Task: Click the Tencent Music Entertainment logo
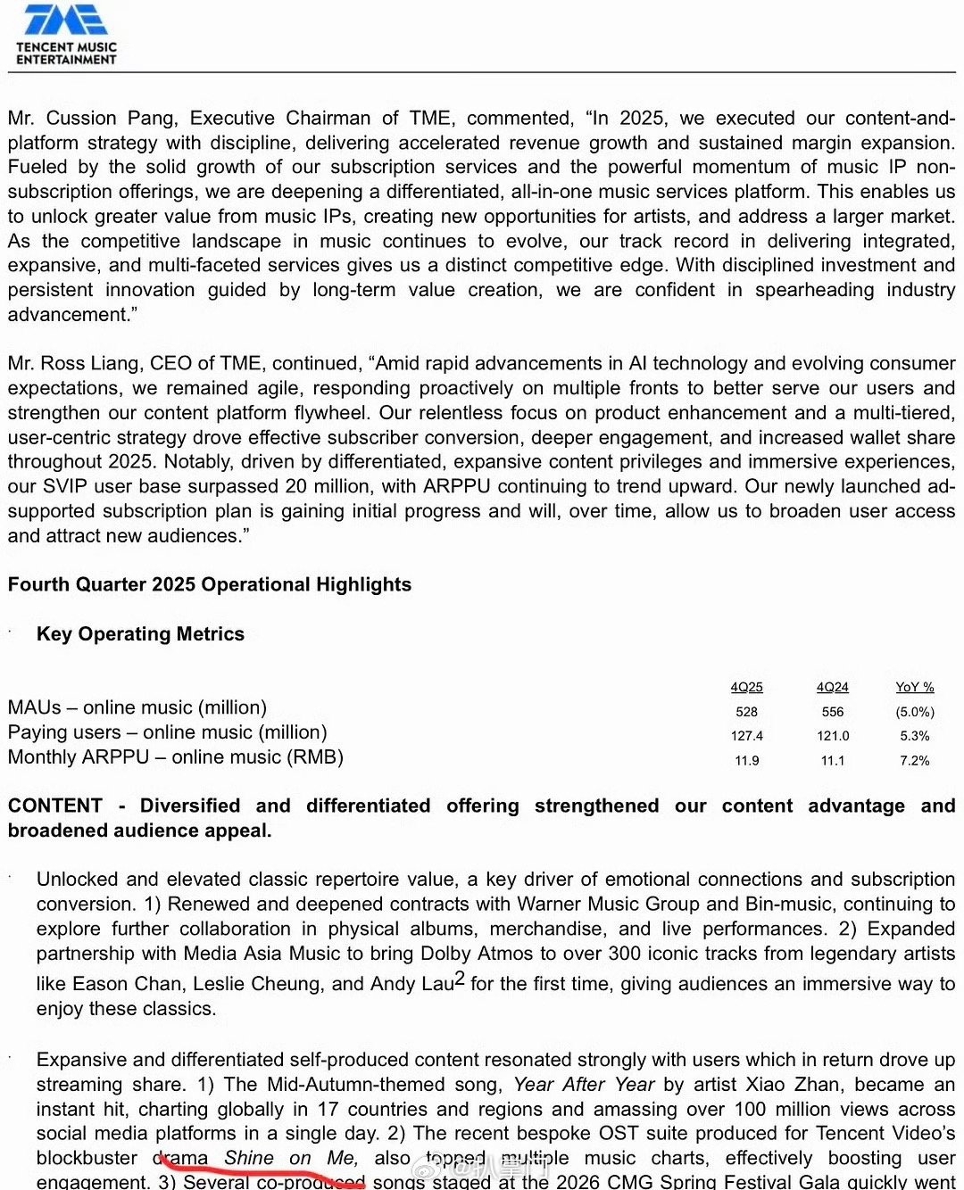66,34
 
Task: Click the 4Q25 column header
746,687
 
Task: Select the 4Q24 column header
832,687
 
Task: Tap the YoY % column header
915,687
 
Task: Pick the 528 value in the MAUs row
746,712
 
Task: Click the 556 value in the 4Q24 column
832,712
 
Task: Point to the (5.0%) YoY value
915,712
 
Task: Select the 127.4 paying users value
746,736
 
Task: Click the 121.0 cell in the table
832,736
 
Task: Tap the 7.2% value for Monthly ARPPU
915,761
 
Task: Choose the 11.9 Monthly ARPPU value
746,761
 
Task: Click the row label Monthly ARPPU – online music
175,757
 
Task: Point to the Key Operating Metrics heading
140,634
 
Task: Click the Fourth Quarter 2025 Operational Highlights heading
210,585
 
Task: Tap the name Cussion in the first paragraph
85,119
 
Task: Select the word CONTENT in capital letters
54,806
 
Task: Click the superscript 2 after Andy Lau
460,979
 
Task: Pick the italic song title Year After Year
584,1085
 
